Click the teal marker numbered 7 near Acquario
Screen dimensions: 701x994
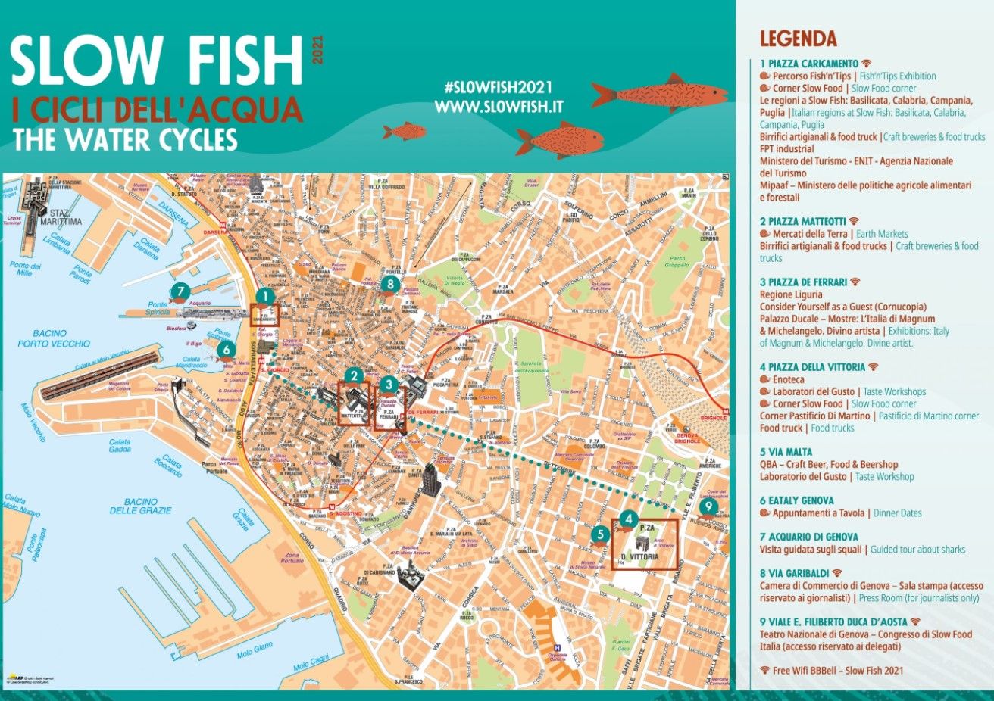(180, 291)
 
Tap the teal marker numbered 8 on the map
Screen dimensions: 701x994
(390, 284)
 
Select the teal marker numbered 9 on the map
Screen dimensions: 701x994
(708, 506)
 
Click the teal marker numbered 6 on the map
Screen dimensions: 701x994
(225, 349)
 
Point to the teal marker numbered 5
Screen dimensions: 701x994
(600, 534)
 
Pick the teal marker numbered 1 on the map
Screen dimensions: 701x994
(264, 296)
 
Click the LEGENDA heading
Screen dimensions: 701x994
(798, 39)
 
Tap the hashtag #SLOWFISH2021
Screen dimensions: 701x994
(498, 87)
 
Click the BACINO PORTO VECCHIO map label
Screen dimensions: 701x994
(53, 338)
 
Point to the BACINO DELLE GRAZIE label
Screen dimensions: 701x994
(140, 506)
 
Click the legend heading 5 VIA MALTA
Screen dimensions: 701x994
(786, 452)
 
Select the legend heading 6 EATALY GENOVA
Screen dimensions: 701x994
(796, 500)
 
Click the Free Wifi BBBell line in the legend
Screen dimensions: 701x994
(832, 670)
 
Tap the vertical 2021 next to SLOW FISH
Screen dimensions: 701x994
(317, 49)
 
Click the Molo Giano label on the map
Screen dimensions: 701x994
(254, 650)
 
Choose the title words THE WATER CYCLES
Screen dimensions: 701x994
(125, 139)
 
